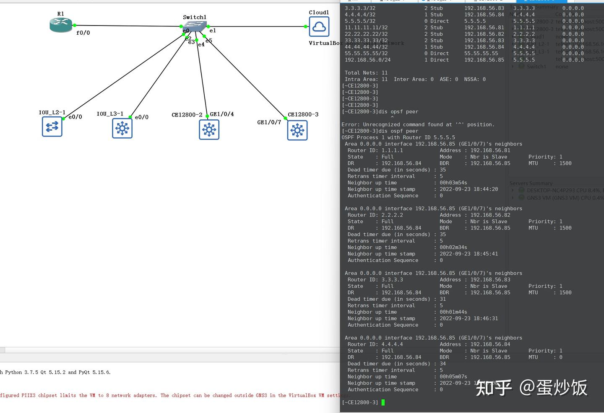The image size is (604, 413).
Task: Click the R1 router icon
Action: pyautogui.click(x=61, y=25)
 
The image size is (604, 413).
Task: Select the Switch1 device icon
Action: pyautogui.click(x=195, y=26)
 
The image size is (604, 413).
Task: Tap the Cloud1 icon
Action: pyautogui.click(x=319, y=27)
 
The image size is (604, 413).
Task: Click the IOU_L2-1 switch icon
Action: pyautogui.click(x=52, y=126)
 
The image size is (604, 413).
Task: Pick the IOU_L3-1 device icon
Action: pyautogui.click(x=122, y=128)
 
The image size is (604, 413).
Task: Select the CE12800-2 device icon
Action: pyautogui.click(x=209, y=129)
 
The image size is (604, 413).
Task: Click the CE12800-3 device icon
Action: pyautogui.click(x=297, y=130)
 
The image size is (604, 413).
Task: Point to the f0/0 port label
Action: pyautogui.click(x=83, y=33)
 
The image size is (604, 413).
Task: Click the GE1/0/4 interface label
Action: pyautogui.click(x=222, y=114)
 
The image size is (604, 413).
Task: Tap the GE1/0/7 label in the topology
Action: pyautogui.click(x=269, y=122)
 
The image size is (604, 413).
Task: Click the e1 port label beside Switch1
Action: pyautogui.click(x=213, y=31)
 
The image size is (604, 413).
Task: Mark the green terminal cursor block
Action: pyautogui.click(x=383, y=403)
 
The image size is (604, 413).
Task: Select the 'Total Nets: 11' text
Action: pyautogui.click(x=366, y=73)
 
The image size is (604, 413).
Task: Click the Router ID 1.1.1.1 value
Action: pyautogui.click(x=392, y=150)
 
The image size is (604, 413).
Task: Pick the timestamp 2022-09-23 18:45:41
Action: pyautogui.click(x=469, y=254)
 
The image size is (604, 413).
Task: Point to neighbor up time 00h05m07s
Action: pyautogui.click(x=453, y=377)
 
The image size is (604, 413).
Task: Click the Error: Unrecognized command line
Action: pyautogui.click(x=418, y=124)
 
